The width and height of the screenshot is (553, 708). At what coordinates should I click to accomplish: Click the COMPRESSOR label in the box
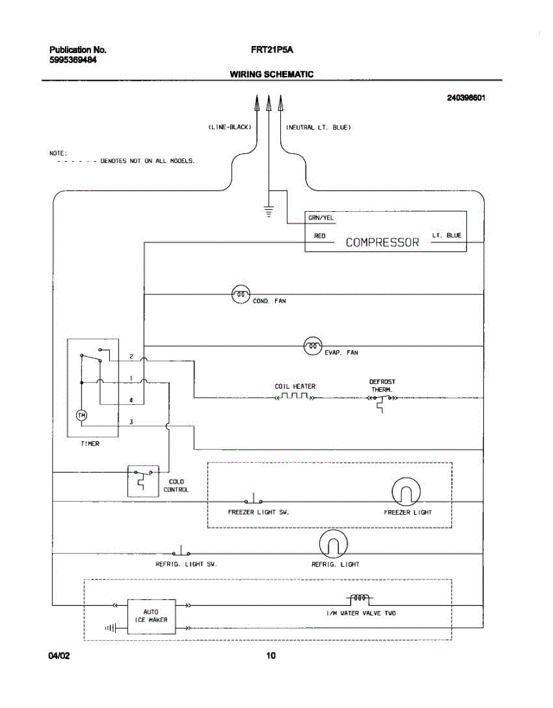(x=382, y=242)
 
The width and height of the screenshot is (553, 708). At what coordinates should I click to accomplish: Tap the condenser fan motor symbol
(x=241, y=294)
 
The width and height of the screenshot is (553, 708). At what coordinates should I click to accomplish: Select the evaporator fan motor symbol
(x=313, y=346)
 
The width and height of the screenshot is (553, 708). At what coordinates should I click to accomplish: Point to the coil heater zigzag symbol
(x=295, y=396)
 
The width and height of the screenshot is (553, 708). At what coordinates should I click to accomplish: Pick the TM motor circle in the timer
(x=81, y=415)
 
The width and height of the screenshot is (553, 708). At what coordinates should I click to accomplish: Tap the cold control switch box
(x=143, y=481)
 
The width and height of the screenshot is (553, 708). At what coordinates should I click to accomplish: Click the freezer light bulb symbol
(x=405, y=491)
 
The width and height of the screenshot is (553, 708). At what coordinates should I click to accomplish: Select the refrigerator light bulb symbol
(x=333, y=543)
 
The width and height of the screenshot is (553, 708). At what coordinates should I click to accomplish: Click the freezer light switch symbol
(x=254, y=499)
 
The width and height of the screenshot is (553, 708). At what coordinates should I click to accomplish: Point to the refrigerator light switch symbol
(x=181, y=550)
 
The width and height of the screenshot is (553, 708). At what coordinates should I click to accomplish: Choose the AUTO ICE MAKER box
(x=151, y=617)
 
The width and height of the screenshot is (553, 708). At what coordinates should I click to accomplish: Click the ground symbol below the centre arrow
(x=269, y=211)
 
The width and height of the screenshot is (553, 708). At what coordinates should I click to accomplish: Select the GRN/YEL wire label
(x=321, y=218)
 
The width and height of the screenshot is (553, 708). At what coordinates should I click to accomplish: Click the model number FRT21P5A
(x=271, y=50)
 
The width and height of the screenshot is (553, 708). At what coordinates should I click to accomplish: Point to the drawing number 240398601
(x=466, y=98)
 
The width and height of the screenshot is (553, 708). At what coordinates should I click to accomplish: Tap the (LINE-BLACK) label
(x=230, y=127)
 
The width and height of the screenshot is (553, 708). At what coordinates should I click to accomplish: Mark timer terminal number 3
(x=131, y=422)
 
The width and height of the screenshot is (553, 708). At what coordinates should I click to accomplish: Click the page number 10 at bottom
(x=271, y=655)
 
